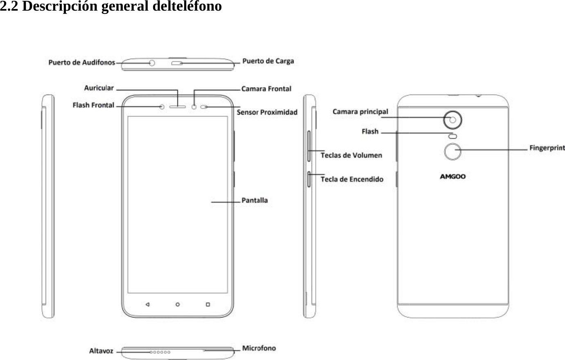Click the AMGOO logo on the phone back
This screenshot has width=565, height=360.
pos(452,177)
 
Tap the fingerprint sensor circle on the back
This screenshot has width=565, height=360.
pos(452,152)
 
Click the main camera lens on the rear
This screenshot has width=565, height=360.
pos(453,119)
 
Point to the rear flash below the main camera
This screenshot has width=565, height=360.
pos(452,136)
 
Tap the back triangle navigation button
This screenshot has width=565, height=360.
pos(147,304)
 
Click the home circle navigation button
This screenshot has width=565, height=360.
pos(178,304)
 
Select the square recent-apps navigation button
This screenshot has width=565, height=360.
pos(208,304)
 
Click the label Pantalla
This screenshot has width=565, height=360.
pos(255,200)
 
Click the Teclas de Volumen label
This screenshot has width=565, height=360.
pos(351,155)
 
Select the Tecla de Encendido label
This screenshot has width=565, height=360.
pos(352,179)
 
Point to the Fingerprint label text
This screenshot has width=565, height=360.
pos(547,148)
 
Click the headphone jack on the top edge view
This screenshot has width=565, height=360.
pos(152,63)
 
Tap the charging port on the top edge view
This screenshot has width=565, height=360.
pos(178,63)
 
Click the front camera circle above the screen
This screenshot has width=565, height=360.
pos(194,107)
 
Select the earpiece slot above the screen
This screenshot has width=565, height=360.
pos(178,107)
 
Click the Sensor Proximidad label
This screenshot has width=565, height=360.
pos(267,112)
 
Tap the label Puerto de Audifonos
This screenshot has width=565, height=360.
pos(81,63)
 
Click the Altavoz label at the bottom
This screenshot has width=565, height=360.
pos(101,351)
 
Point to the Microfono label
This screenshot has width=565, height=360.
pos(259,348)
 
